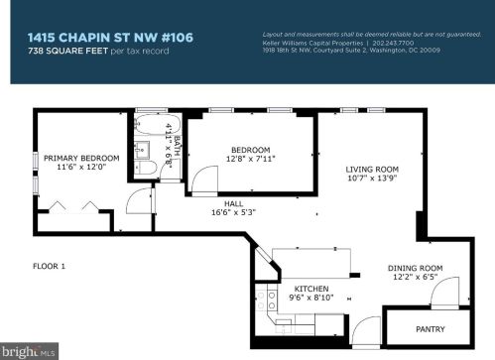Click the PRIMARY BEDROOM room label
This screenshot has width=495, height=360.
[x=81, y=157]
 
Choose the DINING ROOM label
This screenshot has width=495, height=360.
[x=414, y=268]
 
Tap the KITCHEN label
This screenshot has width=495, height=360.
[x=310, y=289]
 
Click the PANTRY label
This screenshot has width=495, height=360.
[x=430, y=329]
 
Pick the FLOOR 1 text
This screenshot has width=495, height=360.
[x=49, y=266]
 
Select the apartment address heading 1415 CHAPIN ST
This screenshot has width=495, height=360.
[x=110, y=37]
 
